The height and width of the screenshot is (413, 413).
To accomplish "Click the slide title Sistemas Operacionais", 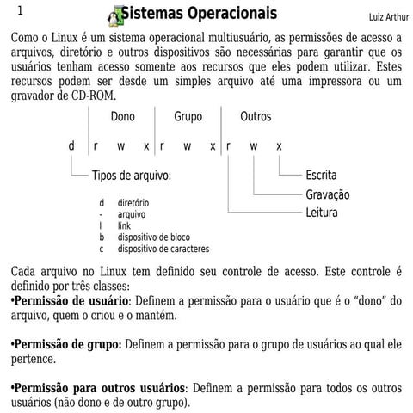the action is coord(199,15).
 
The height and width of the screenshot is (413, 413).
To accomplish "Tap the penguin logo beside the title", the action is coord(114,15).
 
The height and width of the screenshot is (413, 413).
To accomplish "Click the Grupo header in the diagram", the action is coord(188,116).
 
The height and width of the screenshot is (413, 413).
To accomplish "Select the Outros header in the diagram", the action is coord(256,116).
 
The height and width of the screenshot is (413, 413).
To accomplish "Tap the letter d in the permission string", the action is coord(72,145).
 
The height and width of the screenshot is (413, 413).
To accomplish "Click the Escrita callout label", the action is coord(321,176).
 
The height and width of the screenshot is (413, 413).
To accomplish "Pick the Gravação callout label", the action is coord(327,194).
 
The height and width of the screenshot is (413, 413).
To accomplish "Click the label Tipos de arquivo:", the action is coord(132,176).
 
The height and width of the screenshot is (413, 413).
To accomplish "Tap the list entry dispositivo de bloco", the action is coord(154,237).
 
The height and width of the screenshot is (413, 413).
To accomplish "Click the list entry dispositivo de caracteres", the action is coord(163,249).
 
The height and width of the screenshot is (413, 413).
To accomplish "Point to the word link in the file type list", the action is coord(124,225).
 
